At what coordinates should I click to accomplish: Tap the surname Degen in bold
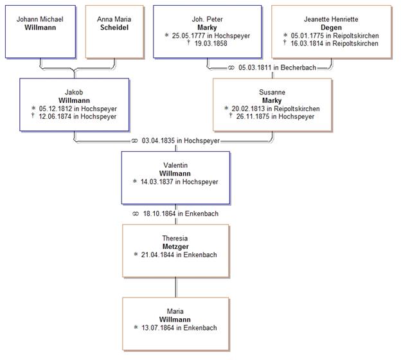coord(331,27)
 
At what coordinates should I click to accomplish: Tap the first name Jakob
coord(74,92)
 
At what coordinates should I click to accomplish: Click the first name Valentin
coord(176,165)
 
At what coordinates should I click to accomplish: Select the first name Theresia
coord(175,238)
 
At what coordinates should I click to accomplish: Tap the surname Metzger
coord(175,246)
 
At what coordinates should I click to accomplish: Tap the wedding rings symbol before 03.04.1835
coord(135,140)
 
